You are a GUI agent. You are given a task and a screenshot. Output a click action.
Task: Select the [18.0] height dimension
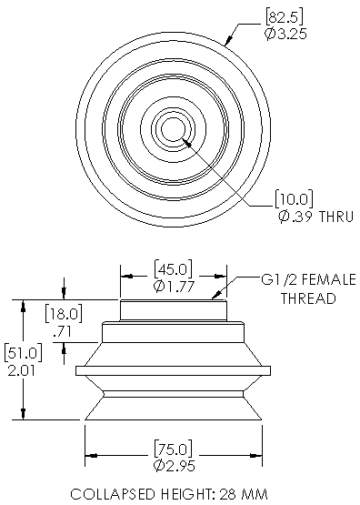[64, 315]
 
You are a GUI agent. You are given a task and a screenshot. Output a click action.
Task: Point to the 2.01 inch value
[19, 370]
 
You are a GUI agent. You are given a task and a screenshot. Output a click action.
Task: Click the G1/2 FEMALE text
[295, 280]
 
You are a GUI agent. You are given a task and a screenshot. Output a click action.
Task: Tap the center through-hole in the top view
[172, 129]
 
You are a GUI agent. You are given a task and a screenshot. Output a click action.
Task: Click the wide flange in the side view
[172, 370]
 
